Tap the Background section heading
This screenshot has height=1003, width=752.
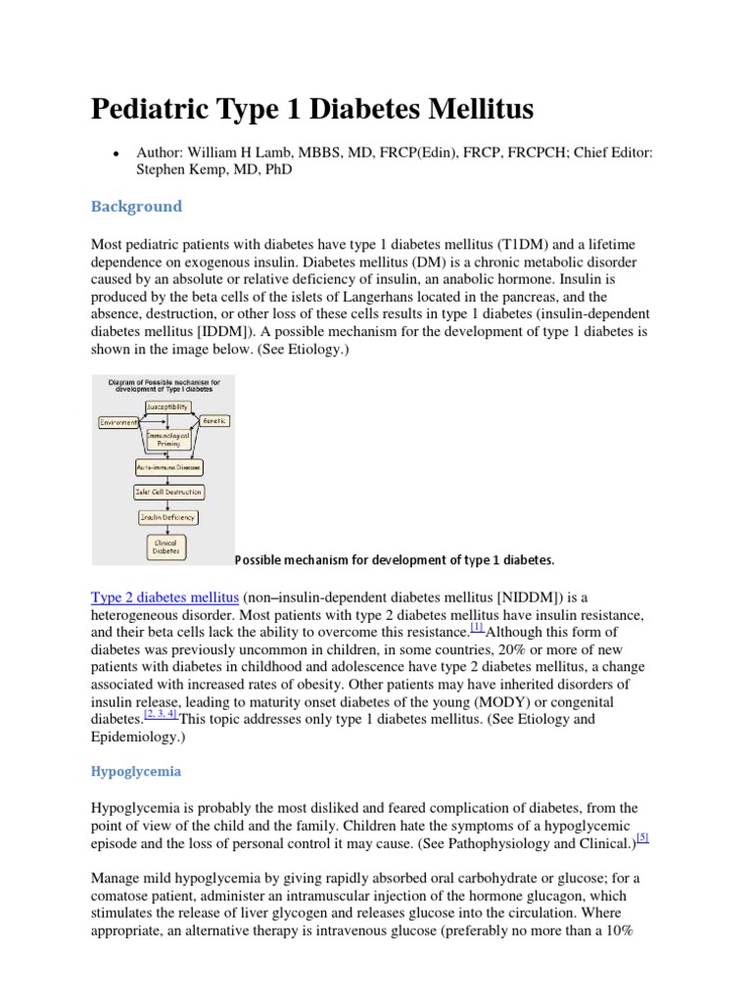(x=136, y=206)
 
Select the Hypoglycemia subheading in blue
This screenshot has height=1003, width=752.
(x=136, y=771)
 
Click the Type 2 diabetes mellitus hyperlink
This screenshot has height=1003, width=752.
(x=164, y=597)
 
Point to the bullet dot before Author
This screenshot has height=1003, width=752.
(x=117, y=153)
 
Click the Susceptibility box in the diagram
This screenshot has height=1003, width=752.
(x=167, y=406)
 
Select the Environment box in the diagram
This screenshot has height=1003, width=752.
(x=117, y=421)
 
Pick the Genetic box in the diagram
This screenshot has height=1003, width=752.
(x=214, y=420)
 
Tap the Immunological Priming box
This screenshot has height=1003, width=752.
(x=167, y=439)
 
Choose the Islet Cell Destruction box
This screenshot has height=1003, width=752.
(x=167, y=492)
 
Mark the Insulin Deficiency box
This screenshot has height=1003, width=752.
(x=167, y=517)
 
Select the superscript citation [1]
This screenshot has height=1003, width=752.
(x=477, y=627)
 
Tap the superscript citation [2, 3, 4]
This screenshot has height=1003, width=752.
(x=160, y=714)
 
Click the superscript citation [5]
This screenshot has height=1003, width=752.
(x=641, y=837)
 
